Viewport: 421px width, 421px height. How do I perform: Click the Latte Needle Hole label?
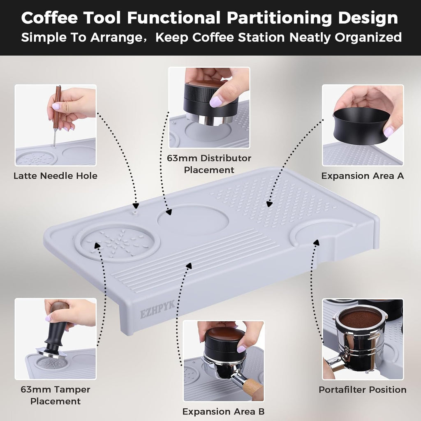tap(56, 176)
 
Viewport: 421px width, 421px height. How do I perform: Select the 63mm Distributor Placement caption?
tap(209, 164)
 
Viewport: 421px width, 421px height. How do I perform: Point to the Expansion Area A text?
tap(363, 176)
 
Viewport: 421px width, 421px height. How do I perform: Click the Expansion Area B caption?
tap(223, 411)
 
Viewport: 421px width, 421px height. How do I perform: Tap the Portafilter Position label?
tap(363, 389)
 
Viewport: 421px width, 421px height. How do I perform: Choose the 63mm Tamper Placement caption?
tap(56, 395)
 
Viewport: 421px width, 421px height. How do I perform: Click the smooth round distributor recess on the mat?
tap(193, 220)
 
